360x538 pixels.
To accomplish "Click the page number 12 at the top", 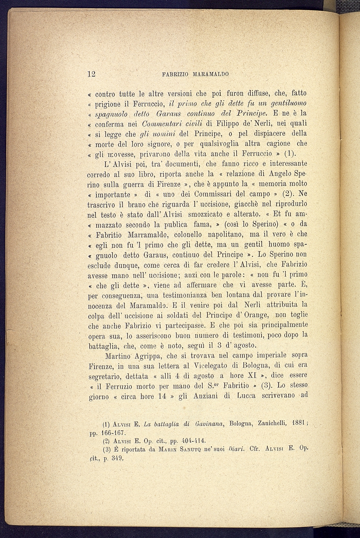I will click(x=91, y=74).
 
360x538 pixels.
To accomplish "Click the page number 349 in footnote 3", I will click(x=117, y=457).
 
